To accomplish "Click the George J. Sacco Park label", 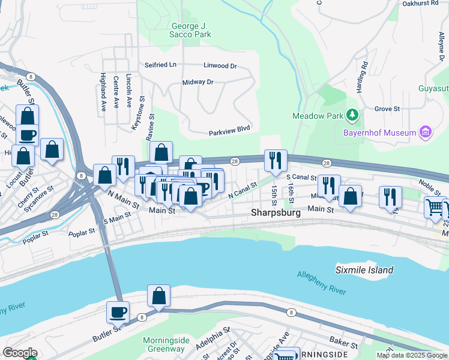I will pyautogui.click(x=191, y=30).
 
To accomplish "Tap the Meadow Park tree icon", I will pyautogui.click(x=352, y=115).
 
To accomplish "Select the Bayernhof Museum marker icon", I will pyautogui.click(x=426, y=131).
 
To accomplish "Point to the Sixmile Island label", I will pyautogui.click(x=364, y=270).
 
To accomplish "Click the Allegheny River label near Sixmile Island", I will pyautogui.click(x=321, y=283).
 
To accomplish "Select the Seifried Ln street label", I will pyautogui.click(x=160, y=65).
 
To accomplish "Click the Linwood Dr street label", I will pyautogui.click(x=220, y=65).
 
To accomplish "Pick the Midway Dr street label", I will pyautogui.click(x=197, y=82).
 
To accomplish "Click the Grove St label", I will pyautogui.click(x=387, y=109).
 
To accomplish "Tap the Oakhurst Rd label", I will pyautogui.click(x=420, y=4).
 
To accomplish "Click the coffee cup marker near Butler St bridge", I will pyautogui.click(x=118, y=312).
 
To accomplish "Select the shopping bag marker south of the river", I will pyautogui.click(x=158, y=296).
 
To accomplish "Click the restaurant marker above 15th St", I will pyautogui.click(x=276, y=160).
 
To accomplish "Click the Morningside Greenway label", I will pyautogui.click(x=166, y=344).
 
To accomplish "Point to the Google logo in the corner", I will pyautogui.click(x=20, y=353).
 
